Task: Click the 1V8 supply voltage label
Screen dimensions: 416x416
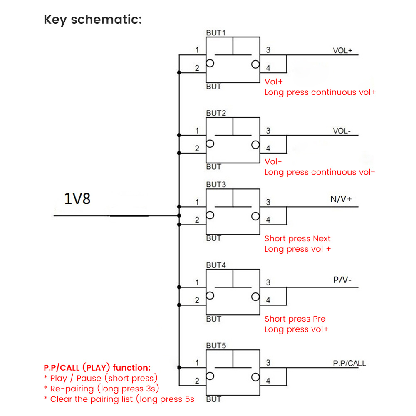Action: [77, 199]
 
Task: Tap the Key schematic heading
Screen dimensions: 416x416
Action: [92, 20]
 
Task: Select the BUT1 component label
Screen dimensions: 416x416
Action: [216, 32]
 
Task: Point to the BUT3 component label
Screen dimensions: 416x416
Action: [216, 184]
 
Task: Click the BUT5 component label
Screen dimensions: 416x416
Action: [216, 345]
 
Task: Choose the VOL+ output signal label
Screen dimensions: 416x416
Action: [342, 51]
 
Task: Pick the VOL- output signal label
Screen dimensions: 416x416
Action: [342, 131]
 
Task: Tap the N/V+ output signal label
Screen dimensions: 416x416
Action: [341, 199]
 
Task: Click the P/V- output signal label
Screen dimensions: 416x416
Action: [342, 280]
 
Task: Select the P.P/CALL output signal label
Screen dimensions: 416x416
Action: [349, 363]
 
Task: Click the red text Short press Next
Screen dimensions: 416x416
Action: [297, 239]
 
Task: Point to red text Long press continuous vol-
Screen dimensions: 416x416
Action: [319, 172]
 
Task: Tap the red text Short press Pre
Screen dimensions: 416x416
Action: [295, 319]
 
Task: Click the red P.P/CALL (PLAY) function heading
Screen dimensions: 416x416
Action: [97, 368]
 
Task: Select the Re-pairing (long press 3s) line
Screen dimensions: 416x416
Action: [102, 389]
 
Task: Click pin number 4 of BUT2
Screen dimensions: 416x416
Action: [268, 149]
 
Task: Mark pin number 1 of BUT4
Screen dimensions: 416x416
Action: [197, 282]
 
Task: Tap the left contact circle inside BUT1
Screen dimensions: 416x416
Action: [210, 64]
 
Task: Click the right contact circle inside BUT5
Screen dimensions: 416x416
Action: [255, 377]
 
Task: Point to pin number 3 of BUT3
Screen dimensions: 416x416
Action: [268, 202]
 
